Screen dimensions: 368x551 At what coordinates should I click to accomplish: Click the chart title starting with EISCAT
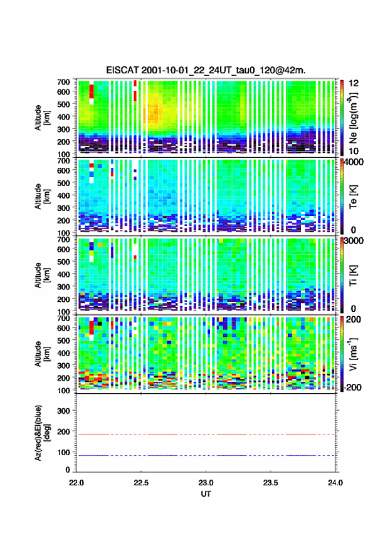point(206,70)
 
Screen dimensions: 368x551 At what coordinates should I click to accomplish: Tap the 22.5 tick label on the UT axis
point(141,483)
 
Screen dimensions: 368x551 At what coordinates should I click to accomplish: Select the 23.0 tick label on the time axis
point(206,483)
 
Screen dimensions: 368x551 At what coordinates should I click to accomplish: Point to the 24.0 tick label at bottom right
point(335,483)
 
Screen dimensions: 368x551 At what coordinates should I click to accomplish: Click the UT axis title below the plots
point(206,494)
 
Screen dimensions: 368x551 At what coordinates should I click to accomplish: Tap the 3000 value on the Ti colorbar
point(354,241)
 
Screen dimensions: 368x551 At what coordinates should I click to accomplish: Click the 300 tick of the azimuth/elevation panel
point(63,411)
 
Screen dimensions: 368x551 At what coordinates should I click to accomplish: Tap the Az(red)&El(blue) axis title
point(42,433)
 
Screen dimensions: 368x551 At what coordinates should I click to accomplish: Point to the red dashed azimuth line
point(206,435)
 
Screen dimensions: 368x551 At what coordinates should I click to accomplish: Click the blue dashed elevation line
point(206,455)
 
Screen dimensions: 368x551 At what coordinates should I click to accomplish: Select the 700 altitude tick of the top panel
point(63,82)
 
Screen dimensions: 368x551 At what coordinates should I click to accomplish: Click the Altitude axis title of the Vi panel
point(42,354)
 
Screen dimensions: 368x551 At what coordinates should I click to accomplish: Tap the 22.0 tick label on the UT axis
point(76,483)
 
